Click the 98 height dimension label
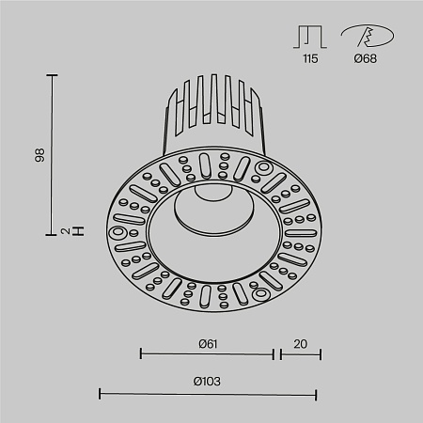pos(39,154)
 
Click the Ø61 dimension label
pos(208,343)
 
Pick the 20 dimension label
pos(300,343)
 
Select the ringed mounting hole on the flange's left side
pos(119,231)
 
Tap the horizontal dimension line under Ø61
pos(207,354)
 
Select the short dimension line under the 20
pos(299,354)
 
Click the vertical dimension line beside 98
pos(53,154)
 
